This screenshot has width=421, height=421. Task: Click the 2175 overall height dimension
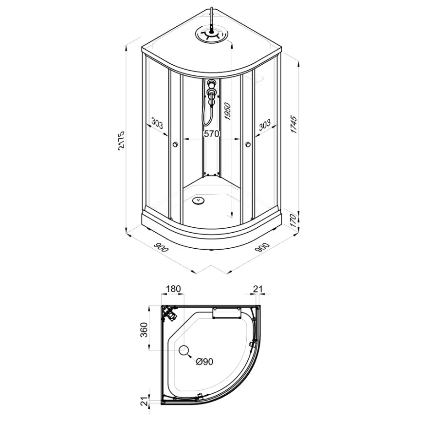pos(122,141)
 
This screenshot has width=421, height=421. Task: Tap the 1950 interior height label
pos(227,111)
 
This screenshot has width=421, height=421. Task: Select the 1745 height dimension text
pos(294,125)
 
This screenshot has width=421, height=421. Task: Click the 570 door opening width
pos(212,133)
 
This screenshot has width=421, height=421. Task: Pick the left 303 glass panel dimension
pos(157,123)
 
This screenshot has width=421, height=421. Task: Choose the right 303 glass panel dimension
pos(265,125)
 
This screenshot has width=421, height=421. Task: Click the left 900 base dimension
pos(161,248)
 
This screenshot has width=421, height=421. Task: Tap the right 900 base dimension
pos(262,247)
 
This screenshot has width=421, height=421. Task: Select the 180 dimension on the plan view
pos(173,289)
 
